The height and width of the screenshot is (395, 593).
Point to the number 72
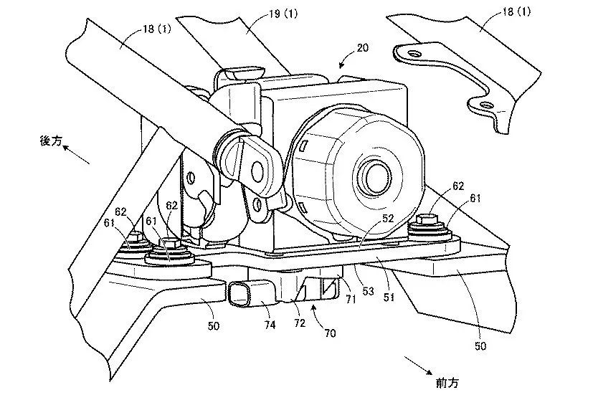tap(299, 323)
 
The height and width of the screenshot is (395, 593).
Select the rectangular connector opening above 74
tap(239, 291)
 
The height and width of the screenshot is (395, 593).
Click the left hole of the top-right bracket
tap(413, 54)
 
